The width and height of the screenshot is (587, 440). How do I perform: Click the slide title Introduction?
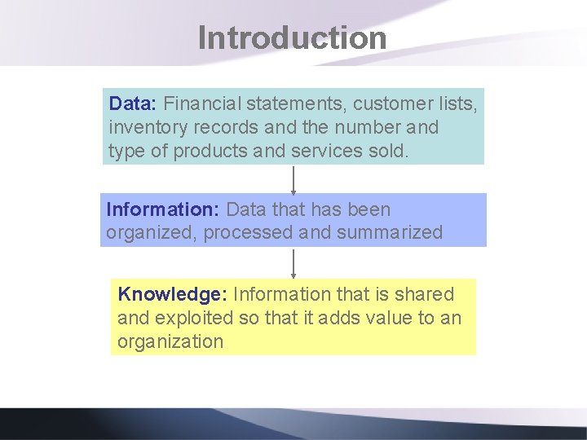pyautogui.click(x=292, y=38)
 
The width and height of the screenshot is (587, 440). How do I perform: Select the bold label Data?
pyautogui.click(x=134, y=104)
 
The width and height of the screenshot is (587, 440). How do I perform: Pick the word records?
pyautogui.click(x=219, y=128)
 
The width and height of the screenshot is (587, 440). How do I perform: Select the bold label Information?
pyautogui.click(x=162, y=209)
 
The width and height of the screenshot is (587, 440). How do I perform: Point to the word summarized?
pyautogui.click(x=389, y=232)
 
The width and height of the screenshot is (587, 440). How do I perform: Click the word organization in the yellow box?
pyautogui.click(x=170, y=341)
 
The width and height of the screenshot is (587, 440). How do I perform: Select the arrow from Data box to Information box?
pyautogui.click(x=293, y=178)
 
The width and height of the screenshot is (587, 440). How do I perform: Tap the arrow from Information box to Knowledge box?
pyautogui.click(x=293, y=262)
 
